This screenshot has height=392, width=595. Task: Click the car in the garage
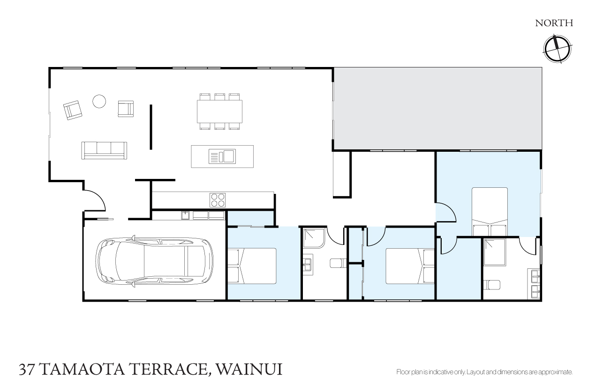154,261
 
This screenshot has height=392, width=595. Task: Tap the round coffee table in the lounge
99,101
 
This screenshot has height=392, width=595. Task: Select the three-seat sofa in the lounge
104,150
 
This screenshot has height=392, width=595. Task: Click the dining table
219,111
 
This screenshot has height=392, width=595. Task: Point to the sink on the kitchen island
222,156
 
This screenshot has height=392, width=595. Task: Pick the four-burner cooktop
218,200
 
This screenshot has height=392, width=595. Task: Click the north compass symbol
557,49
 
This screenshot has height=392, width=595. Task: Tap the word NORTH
554,23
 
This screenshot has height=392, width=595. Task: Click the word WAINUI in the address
249,369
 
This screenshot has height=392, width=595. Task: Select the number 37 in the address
27,370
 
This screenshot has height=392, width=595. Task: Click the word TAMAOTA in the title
83,370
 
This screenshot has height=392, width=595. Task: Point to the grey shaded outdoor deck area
438,109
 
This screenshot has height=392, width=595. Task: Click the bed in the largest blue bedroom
490,212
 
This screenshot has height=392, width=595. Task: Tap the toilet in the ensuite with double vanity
492,285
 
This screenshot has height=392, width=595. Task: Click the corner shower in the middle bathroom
314,238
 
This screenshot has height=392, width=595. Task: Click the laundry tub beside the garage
185,215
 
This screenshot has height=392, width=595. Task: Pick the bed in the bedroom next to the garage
252,266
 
